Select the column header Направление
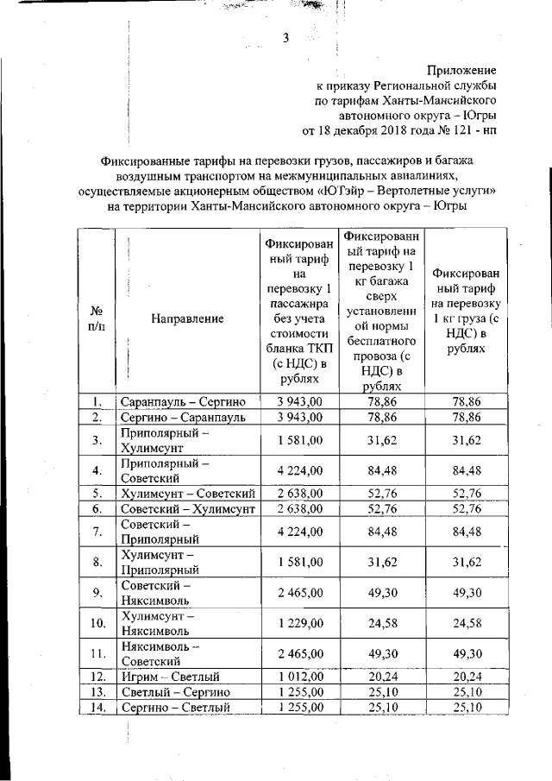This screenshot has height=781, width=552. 187,318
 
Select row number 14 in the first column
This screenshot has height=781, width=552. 97,708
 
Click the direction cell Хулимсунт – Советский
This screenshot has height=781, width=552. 187,494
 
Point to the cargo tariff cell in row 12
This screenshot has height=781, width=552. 466,677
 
